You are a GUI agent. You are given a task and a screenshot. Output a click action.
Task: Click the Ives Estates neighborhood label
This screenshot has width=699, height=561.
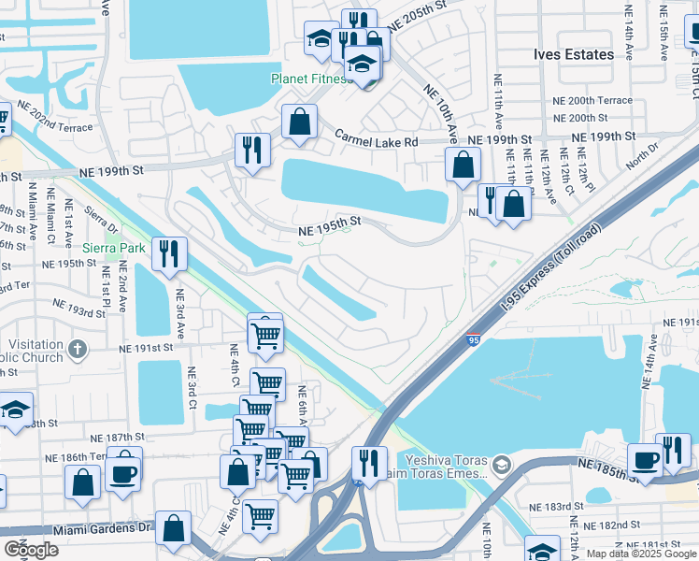click(x=574, y=54)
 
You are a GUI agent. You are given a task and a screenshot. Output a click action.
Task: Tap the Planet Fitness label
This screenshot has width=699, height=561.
click(x=311, y=79)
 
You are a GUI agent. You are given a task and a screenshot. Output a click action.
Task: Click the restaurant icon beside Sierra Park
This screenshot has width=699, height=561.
click(x=169, y=253)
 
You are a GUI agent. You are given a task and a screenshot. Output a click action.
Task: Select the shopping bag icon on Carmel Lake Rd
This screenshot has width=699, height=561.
click(x=299, y=122)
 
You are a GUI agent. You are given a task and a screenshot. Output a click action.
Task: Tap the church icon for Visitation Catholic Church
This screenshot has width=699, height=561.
click(x=78, y=350)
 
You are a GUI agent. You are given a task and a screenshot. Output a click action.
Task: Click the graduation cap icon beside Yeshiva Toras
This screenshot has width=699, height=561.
click(x=502, y=465)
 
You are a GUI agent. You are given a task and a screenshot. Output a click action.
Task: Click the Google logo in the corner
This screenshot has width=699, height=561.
click(x=31, y=550)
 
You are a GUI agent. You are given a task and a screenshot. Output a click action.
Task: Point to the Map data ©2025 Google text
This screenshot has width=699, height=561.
click(x=640, y=554)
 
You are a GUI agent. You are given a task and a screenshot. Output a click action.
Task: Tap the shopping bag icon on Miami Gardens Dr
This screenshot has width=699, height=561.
click(x=174, y=528)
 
